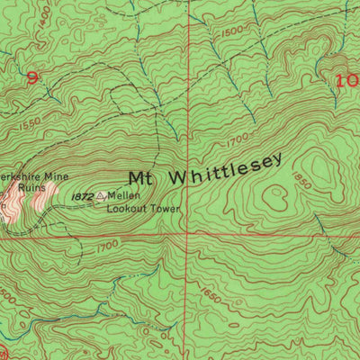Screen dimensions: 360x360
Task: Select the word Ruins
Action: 21,188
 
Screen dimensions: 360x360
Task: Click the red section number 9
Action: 33,78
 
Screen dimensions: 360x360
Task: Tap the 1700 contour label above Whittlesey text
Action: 238,139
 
